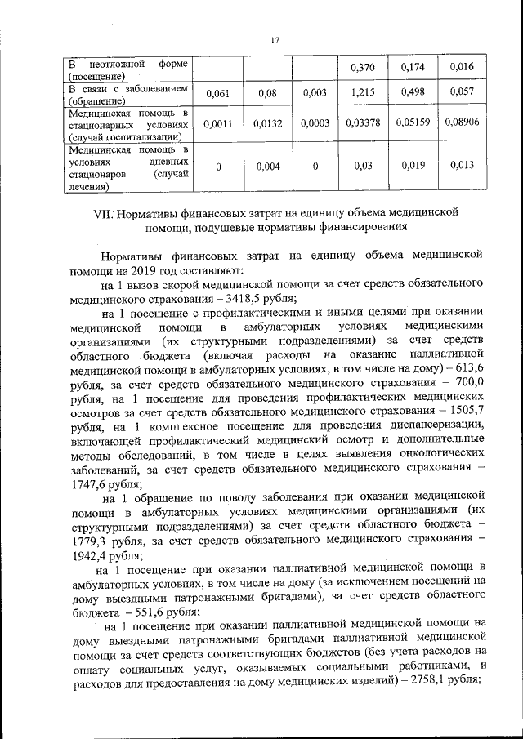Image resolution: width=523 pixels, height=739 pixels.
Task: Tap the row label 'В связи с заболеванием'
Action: pyautogui.click(x=127, y=88)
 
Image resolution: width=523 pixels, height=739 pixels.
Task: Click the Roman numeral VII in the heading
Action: pyautogui.click(x=104, y=213)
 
